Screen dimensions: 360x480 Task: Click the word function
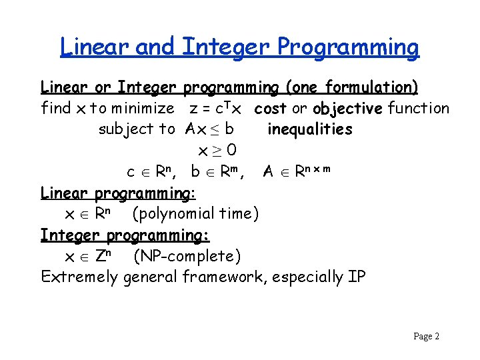(x=419, y=108)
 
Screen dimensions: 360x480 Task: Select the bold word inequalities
(x=309, y=129)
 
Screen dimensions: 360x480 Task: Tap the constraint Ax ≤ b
(x=209, y=129)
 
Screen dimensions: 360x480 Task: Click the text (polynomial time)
(x=195, y=214)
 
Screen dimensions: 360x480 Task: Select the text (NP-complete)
(x=187, y=256)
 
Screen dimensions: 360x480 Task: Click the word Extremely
(x=79, y=277)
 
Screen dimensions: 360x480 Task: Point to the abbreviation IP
(x=357, y=277)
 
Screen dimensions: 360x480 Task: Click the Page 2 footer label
(x=426, y=337)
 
